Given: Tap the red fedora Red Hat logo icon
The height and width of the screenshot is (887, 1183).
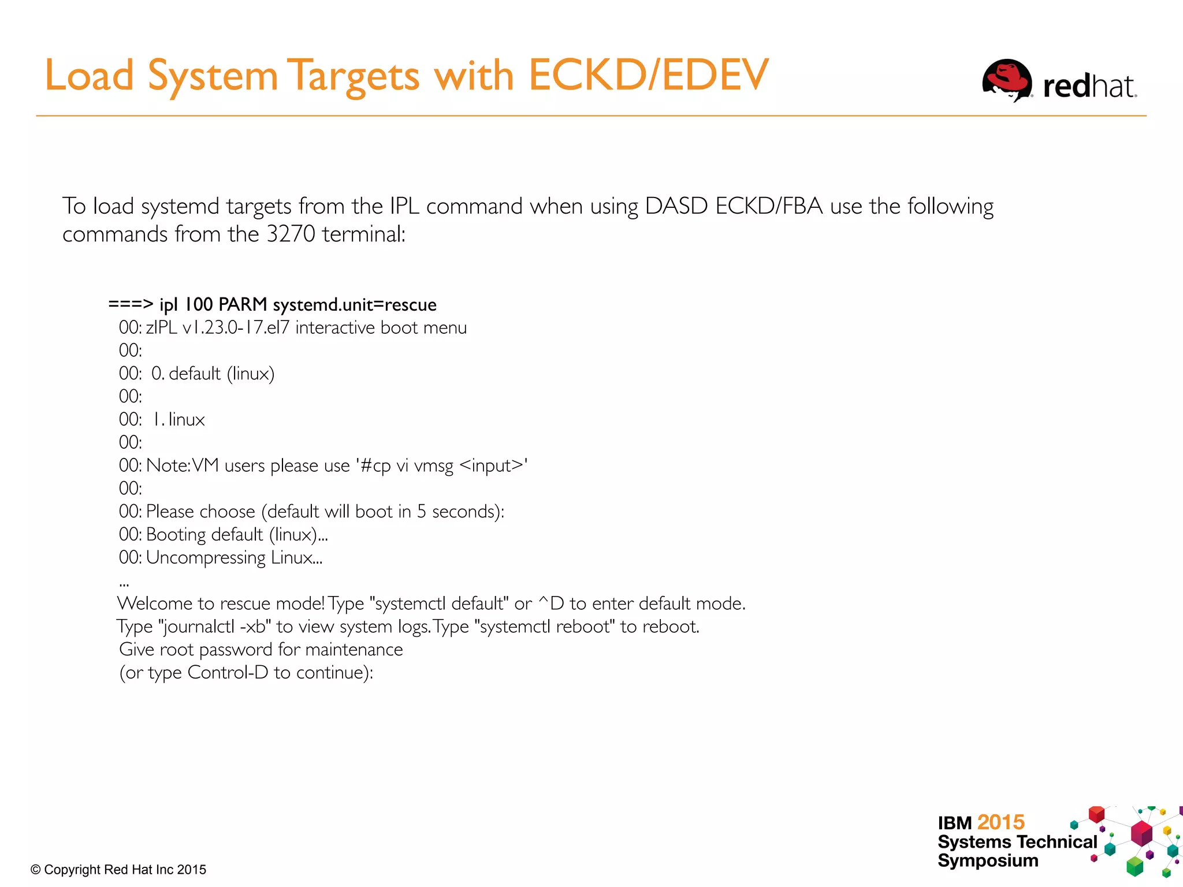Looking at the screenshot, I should [x=1007, y=80].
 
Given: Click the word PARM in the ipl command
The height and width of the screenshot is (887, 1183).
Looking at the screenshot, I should [x=243, y=304].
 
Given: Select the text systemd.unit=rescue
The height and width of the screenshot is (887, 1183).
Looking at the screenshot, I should [x=355, y=304].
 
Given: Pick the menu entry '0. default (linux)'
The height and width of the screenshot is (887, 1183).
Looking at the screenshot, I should [x=213, y=374].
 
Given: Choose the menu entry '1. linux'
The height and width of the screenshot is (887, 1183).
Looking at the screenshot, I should [x=178, y=419].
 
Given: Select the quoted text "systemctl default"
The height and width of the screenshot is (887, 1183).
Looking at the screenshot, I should [x=442, y=603].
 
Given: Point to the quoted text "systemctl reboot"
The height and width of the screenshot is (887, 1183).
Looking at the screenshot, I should [x=548, y=627].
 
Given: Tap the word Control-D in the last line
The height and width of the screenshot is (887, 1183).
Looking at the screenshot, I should [x=228, y=673].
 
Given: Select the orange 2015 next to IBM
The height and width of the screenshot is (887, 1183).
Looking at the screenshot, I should [x=1001, y=822].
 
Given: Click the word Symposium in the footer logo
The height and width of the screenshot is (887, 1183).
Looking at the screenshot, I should [x=988, y=860].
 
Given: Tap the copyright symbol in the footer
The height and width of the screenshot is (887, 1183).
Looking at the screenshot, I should [x=36, y=870].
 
